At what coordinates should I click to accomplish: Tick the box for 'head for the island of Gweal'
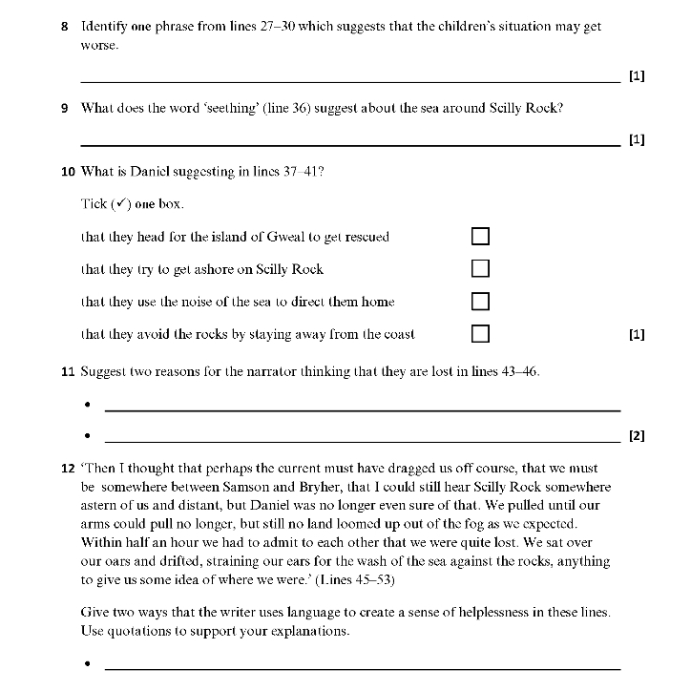click(481, 237)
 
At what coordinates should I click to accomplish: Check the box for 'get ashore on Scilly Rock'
click(481, 269)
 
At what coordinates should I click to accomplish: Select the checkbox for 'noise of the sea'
click(481, 302)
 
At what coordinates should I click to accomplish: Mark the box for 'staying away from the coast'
click(481, 334)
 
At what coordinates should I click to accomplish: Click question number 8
click(64, 27)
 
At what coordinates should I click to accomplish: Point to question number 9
click(64, 108)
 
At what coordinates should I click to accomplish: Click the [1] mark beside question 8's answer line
click(638, 76)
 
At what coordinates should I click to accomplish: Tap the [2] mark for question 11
click(638, 437)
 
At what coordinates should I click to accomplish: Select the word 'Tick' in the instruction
click(94, 204)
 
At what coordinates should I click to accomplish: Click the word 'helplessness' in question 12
click(524, 611)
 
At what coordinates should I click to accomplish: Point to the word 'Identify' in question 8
click(104, 27)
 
